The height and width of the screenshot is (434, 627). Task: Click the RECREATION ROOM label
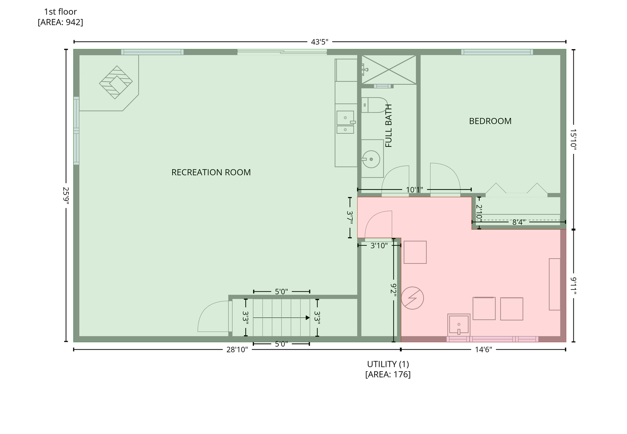(211, 172)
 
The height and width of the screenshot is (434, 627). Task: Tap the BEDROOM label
(490, 121)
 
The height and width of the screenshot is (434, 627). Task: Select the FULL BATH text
(388, 125)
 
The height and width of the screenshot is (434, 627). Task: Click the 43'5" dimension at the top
(320, 42)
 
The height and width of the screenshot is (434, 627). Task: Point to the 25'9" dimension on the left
(66, 196)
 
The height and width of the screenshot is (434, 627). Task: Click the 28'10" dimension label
(237, 350)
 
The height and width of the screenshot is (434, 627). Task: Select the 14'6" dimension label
(483, 350)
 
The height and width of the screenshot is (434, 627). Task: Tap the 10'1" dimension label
(414, 190)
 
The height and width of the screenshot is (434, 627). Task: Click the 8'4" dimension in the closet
(519, 222)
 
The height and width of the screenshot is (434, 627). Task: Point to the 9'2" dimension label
(393, 290)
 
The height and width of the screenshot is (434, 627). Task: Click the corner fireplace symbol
(116, 82)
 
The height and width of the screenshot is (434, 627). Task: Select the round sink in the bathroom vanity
(371, 159)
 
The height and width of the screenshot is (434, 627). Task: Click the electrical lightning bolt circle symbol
(412, 298)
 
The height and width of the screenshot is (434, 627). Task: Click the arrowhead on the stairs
(307, 318)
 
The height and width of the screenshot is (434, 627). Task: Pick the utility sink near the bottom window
(459, 325)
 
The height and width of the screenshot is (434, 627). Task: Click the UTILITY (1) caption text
(388, 364)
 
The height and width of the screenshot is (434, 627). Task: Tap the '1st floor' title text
(60, 12)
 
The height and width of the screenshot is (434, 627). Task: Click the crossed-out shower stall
(389, 70)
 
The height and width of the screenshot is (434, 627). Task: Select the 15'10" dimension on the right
(573, 139)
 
